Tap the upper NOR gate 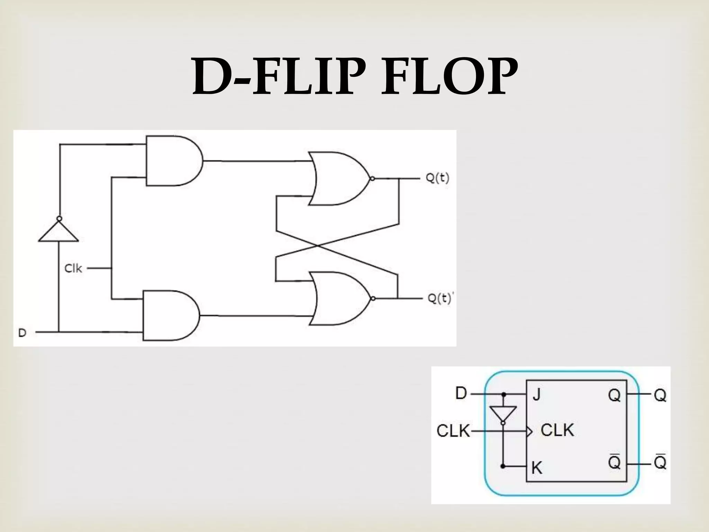point(338,179)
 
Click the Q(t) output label point(437,178)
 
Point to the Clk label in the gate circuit point(73,268)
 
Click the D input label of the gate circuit point(22,333)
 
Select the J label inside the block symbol point(536,394)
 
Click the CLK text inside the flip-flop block point(557,431)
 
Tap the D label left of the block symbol point(461,394)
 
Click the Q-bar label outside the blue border point(660,462)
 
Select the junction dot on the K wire point(503,467)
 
